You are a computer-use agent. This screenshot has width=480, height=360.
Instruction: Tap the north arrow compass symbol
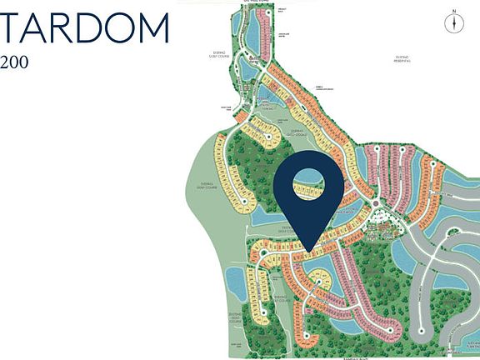453,24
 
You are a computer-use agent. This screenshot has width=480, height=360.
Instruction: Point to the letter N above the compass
453,12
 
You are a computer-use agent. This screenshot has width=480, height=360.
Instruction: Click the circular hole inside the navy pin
308,184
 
